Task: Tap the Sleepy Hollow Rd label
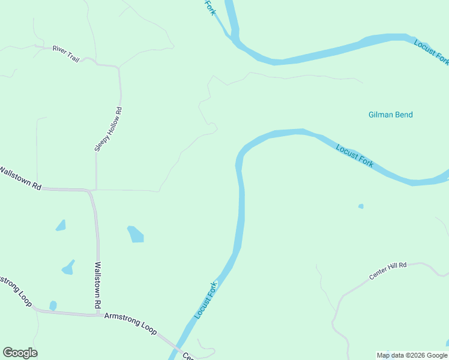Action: pos(109,129)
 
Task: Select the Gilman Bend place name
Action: pos(390,115)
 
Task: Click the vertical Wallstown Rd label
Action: pos(98,284)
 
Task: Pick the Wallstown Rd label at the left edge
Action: pos(20,178)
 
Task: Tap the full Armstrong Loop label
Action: pos(130,323)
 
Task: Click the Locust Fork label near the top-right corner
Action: pos(431,51)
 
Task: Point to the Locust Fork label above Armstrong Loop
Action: pos(205,301)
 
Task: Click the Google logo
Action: pos(20,353)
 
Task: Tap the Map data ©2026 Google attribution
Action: pos(412,355)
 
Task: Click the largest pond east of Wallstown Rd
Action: pos(136,233)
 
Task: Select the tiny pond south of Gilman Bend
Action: pos(361,206)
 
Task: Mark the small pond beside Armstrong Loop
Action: pos(53,306)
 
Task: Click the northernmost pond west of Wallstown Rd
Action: pos(61,226)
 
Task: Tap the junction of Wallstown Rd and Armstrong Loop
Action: pos(98,313)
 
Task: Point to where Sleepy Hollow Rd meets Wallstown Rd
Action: pos(96,190)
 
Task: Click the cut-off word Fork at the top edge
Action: pos(209,8)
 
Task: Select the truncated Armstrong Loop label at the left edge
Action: pos(15,290)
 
